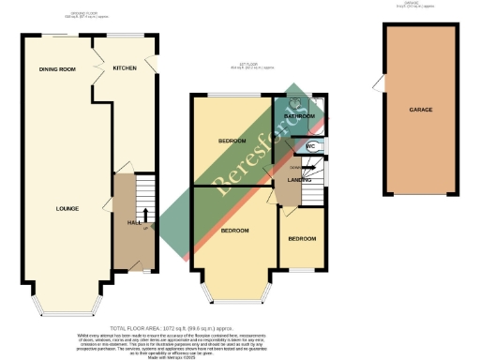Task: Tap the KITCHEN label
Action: tap(126, 68)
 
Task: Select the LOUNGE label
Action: tap(66, 208)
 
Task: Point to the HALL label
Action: tap(133, 222)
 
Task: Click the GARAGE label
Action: tap(420, 110)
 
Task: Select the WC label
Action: tap(310, 147)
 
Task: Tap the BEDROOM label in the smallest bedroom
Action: tap(303, 239)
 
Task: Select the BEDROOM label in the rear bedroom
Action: tap(232, 142)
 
